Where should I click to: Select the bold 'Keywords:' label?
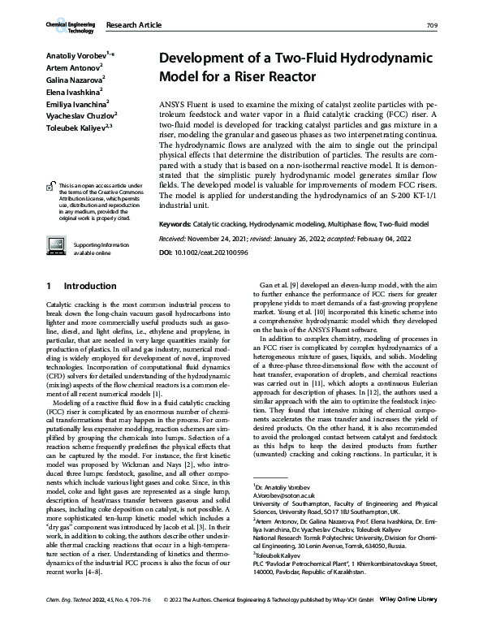pos(175,222)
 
